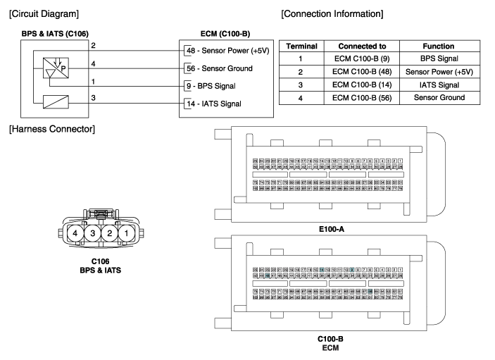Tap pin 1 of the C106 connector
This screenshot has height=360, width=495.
tap(124, 233)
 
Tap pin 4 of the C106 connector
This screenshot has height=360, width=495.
tap(73, 233)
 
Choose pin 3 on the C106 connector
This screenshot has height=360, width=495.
tap(90, 233)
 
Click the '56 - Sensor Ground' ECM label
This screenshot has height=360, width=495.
tap(218, 68)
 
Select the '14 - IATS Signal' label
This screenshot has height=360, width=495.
tap(213, 104)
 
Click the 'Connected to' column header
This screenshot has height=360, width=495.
tap(355, 46)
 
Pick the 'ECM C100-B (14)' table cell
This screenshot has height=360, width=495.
tap(355, 84)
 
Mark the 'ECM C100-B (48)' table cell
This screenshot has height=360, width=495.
tap(355, 71)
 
